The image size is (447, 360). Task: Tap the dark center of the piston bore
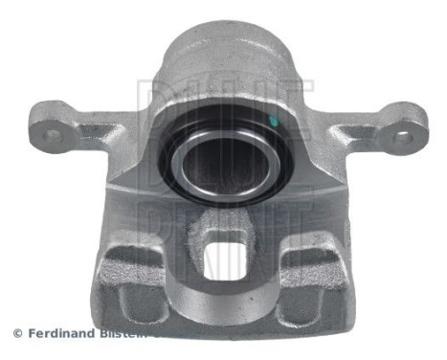point(223,158)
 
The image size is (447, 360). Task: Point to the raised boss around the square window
point(226,230)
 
